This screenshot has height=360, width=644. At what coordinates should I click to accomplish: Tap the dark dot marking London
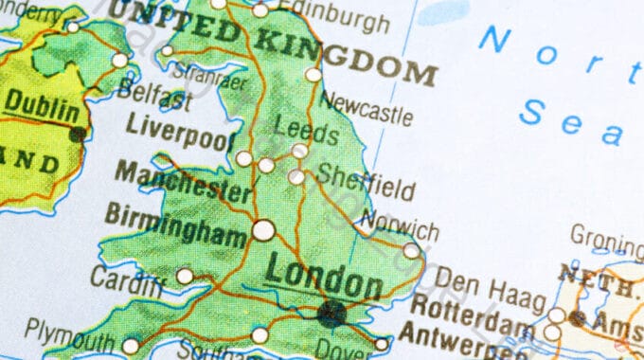tap(331, 312)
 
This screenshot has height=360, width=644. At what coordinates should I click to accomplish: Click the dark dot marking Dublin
tap(78, 134)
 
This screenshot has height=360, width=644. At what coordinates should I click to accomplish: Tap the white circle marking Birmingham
tap(263, 229)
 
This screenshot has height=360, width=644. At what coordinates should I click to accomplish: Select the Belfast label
tap(158, 98)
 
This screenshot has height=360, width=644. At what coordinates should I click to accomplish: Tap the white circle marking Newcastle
tap(313, 75)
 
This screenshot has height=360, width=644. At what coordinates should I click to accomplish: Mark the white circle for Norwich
tap(411, 251)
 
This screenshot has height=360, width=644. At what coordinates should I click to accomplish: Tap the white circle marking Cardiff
tap(185, 276)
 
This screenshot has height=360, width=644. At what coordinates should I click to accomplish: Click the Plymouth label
tap(70, 332)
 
